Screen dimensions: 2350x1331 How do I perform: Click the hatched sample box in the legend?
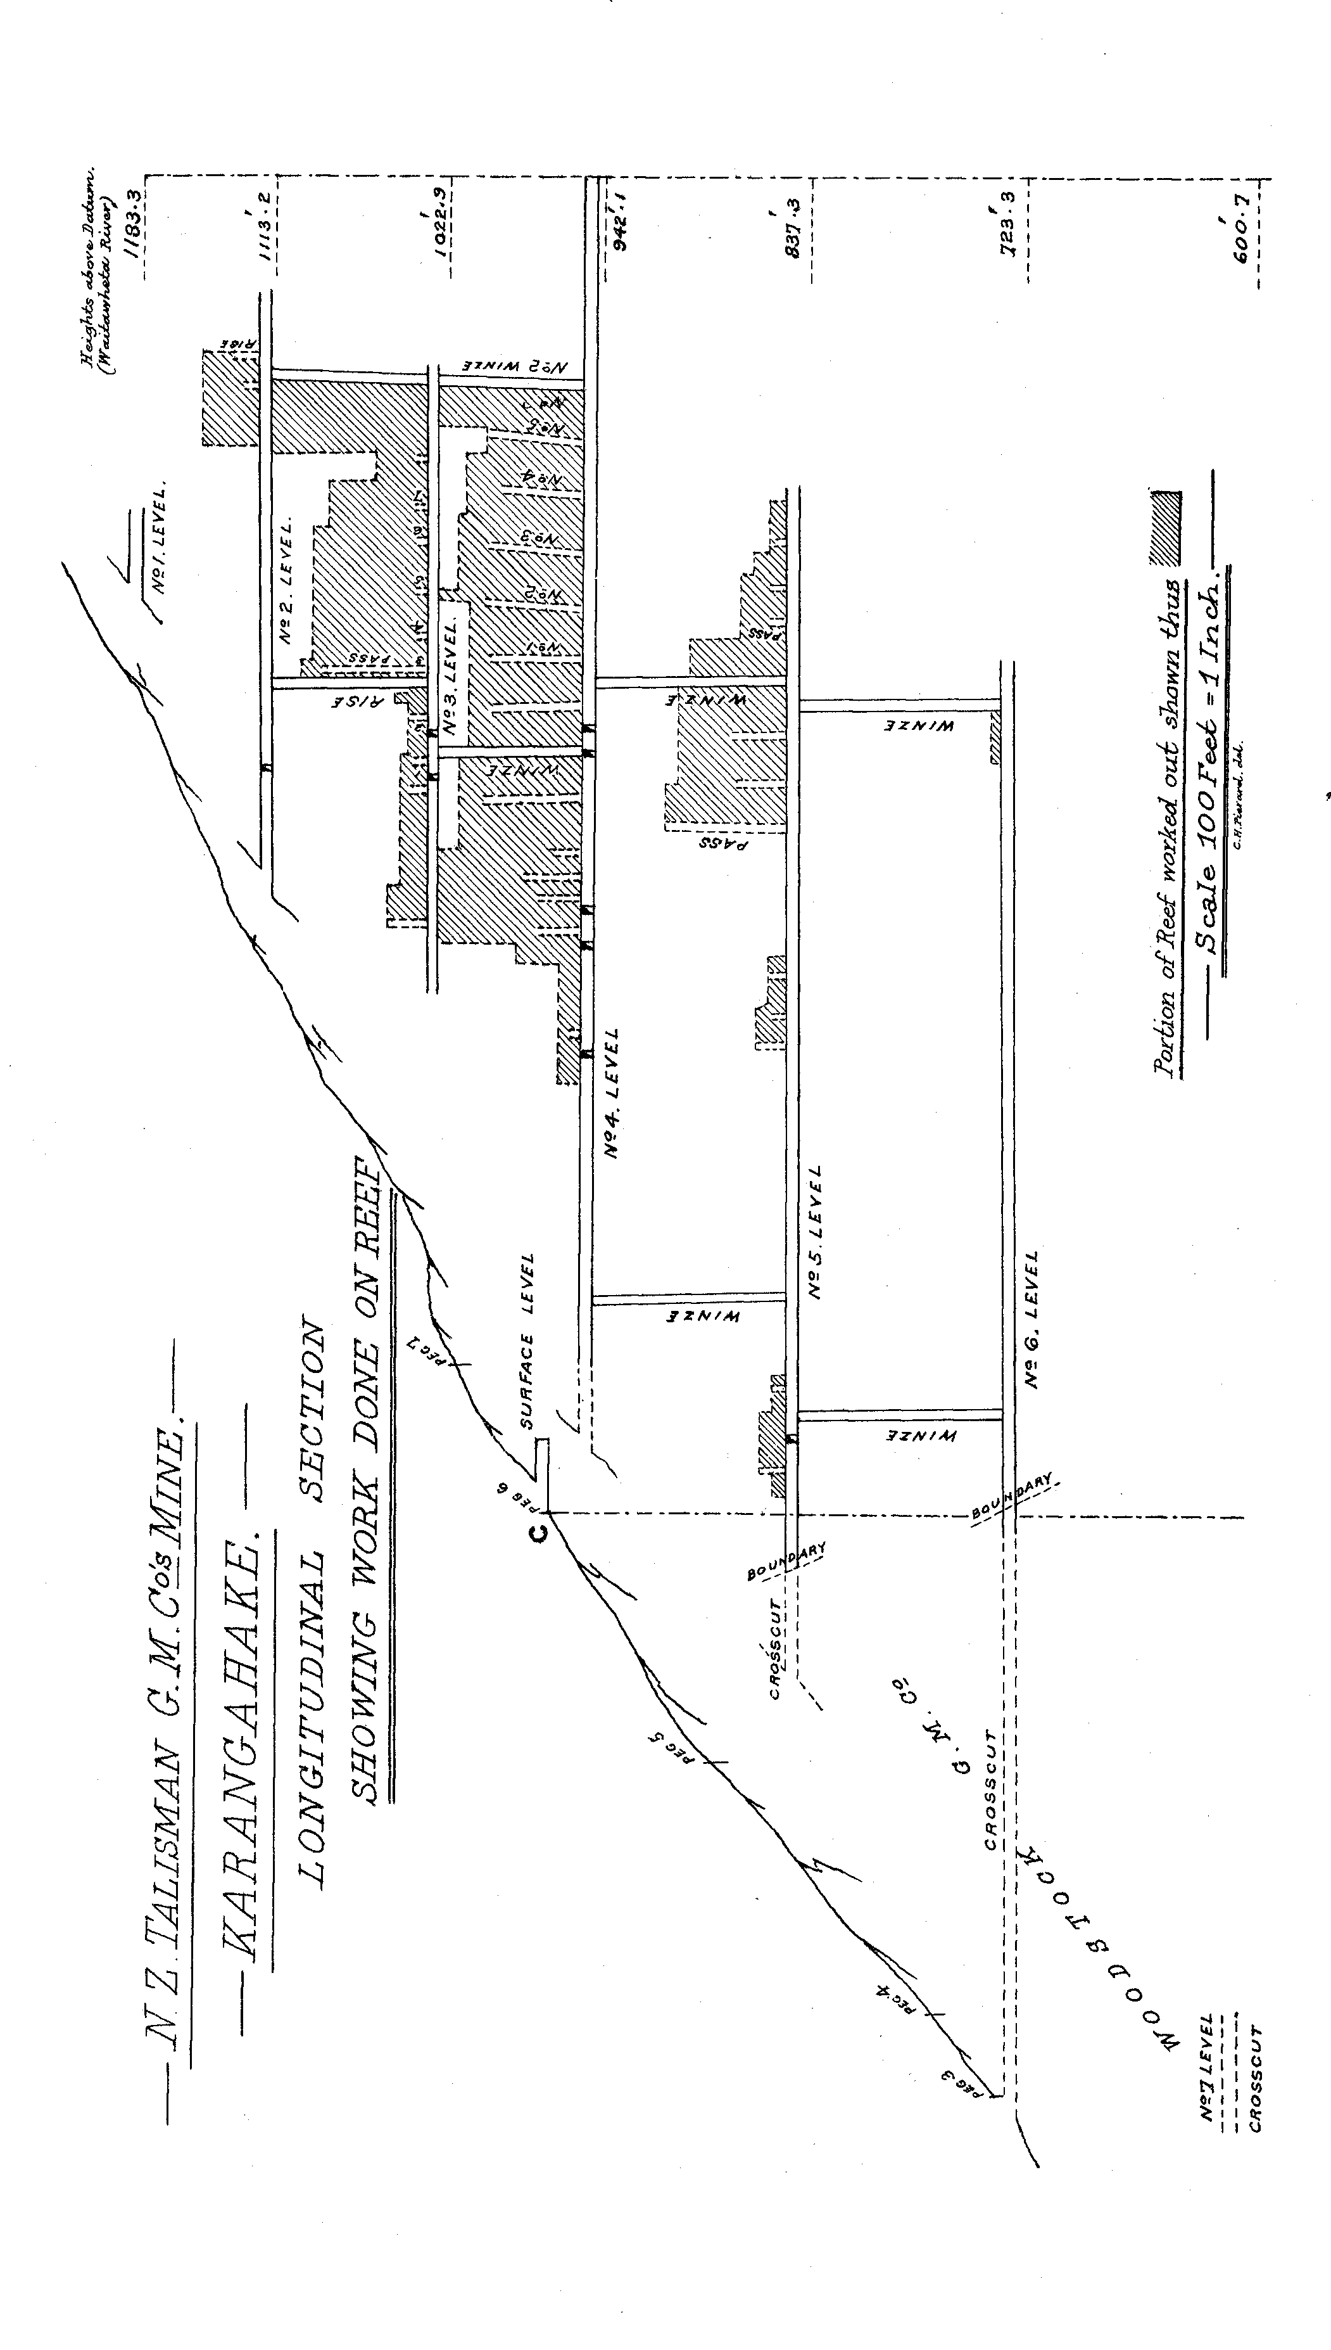[1164, 528]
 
